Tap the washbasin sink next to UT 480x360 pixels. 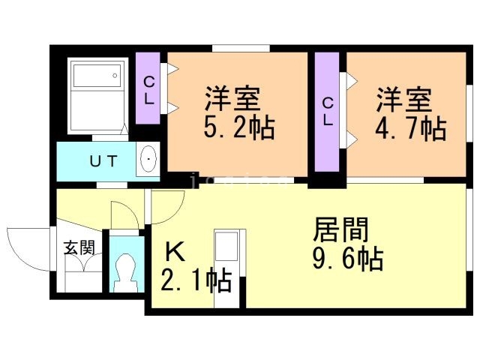(x=148, y=159)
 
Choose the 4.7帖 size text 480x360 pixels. (x=411, y=128)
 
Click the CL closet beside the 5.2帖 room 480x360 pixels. (x=148, y=88)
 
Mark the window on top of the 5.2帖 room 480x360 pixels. (x=240, y=49)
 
